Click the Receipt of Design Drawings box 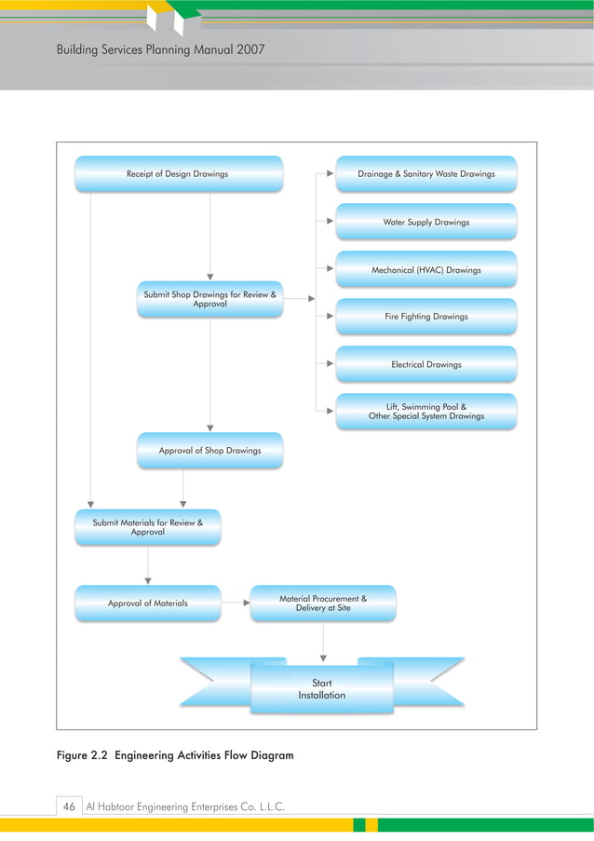pyautogui.click(x=178, y=174)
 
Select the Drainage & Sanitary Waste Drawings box pyautogui.click(x=425, y=174)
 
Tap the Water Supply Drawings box pyautogui.click(x=425, y=223)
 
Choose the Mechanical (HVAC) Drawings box pyautogui.click(x=425, y=270)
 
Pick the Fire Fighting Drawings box pyautogui.click(x=425, y=317)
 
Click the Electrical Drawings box pyautogui.click(x=425, y=364)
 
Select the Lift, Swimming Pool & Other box pyautogui.click(x=425, y=412)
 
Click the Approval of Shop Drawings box pyautogui.click(x=209, y=451)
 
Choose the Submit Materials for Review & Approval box pyautogui.click(x=147, y=527)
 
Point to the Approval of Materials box pyautogui.click(x=147, y=604)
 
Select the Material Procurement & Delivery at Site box pyautogui.click(x=322, y=604)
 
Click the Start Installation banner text pyautogui.click(x=321, y=690)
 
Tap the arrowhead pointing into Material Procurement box pyautogui.click(x=247, y=604)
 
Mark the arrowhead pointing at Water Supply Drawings pyautogui.click(x=330, y=223)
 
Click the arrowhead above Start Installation pyautogui.click(x=323, y=658)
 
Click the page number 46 pyautogui.click(x=68, y=806)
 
